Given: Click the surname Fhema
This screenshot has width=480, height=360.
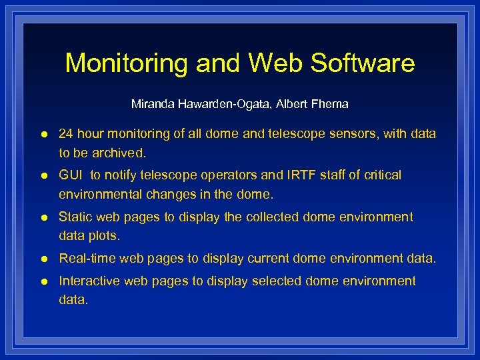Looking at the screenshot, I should [329, 104].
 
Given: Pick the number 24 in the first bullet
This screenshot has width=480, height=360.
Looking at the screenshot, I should [66, 134].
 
